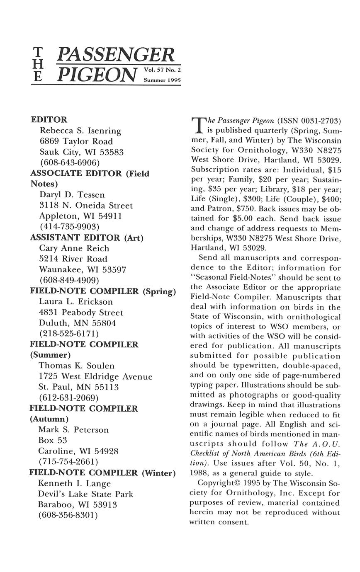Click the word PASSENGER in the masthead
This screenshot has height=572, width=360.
coord(117,55)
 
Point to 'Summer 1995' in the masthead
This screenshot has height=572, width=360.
coord(162,80)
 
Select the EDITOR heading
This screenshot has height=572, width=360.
coord(49,120)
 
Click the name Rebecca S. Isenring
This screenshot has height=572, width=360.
coord(80,131)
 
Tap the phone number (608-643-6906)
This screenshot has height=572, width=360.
coord(70,162)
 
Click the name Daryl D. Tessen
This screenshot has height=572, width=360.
coord(72,195)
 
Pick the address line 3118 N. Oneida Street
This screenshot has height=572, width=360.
coord(86,206)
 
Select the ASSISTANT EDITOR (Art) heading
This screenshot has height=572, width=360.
coord(87,238)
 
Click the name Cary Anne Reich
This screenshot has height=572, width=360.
coord(74,248)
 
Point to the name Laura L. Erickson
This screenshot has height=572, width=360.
coord(76,302)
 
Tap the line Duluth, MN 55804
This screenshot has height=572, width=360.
coord(78,323)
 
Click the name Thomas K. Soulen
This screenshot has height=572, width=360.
coord(77,366)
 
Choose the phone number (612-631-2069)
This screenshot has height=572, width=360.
coord(68,398)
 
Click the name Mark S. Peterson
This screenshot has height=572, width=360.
coord(73,430)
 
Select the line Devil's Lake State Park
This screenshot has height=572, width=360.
coord(85,494)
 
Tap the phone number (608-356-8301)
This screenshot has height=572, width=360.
coord(68,515)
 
